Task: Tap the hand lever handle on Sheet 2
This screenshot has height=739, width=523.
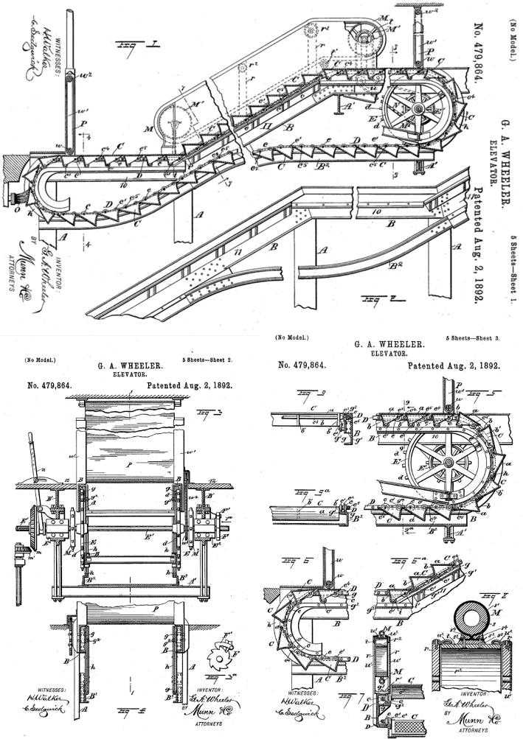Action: coord(31,442)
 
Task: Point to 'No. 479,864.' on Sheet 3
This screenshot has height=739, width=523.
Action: coord(302,365)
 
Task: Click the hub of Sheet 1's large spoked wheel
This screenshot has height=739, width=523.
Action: coord(417,109)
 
